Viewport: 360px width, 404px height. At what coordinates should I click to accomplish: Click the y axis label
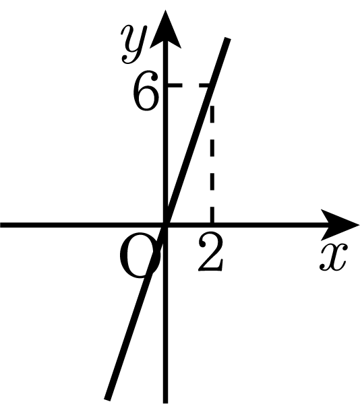click(x=134, y=44)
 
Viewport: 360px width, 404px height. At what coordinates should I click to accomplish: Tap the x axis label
click(x=334, y=257)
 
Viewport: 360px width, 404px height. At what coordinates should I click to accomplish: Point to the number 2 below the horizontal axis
click(x=210, y=252)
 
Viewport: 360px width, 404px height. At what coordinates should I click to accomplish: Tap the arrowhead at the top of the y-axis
click(x=165, y=30)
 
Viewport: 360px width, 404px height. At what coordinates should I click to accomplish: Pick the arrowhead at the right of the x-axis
click(x=339, y=226)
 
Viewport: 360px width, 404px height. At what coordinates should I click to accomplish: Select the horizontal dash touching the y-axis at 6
click(x=175, y=86)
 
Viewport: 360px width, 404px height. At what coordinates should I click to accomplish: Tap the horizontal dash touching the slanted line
click(x=205, y=86)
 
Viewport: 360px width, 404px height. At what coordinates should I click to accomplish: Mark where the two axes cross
click(x=166, y=226)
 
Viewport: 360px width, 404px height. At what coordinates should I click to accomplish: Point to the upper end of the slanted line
click(x=228, y=38)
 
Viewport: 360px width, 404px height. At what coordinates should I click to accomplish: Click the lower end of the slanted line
click(x=107, y=399)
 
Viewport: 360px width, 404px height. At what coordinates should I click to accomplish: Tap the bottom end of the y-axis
click(x=166, y=403)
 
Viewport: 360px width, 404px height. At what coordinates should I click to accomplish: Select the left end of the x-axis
click(x=1, y=226)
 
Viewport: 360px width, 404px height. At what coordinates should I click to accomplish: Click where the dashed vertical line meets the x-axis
click(x=212, y=225)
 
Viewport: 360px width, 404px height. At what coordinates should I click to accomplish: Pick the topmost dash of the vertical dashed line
click(x=212, y=113)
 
